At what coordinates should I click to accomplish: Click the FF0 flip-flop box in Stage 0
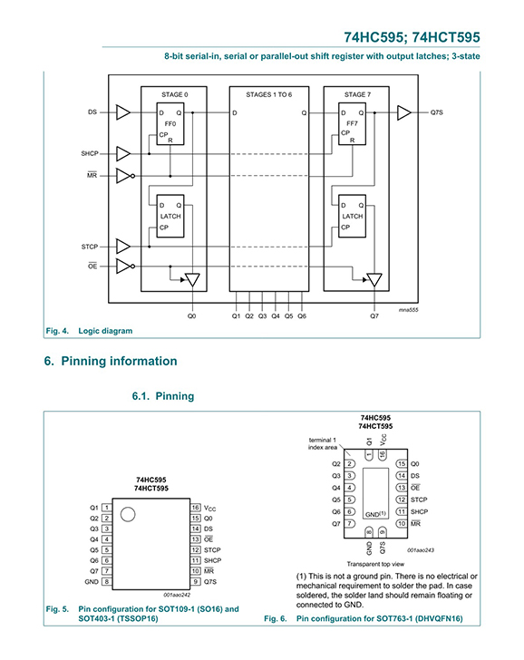tap(170, 123)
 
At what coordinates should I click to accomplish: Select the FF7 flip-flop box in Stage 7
tap(352, 123)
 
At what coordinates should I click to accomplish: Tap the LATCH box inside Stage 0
tap(170, 216)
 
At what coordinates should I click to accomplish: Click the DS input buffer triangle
tap(122, 112)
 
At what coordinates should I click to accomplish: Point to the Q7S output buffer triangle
tap(403, 112)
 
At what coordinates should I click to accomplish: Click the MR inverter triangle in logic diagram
tap(123, 176)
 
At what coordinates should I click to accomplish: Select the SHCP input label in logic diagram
tap(90, 153)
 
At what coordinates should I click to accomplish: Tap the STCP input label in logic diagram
tap(90, 247)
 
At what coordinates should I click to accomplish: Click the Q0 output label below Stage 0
tap(192, 316)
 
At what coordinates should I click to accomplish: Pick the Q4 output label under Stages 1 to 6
tap(276, 316)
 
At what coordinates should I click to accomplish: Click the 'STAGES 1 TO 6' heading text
tap(269, 94)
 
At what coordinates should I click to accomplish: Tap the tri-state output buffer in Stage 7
tap(374, 280)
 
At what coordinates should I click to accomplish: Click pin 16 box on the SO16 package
tap(195, 508)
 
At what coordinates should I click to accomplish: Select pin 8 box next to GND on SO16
tap(107, 582)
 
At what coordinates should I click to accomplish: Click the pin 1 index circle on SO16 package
tap(128, 514)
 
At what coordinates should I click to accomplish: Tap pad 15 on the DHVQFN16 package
tap(402, 464)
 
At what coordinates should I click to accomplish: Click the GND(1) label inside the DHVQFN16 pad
tap(375, 514)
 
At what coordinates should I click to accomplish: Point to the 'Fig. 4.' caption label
tap(57, 331)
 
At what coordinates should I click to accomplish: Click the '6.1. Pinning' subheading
tap(163, 396)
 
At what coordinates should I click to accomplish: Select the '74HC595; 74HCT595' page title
tap(412, 37)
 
